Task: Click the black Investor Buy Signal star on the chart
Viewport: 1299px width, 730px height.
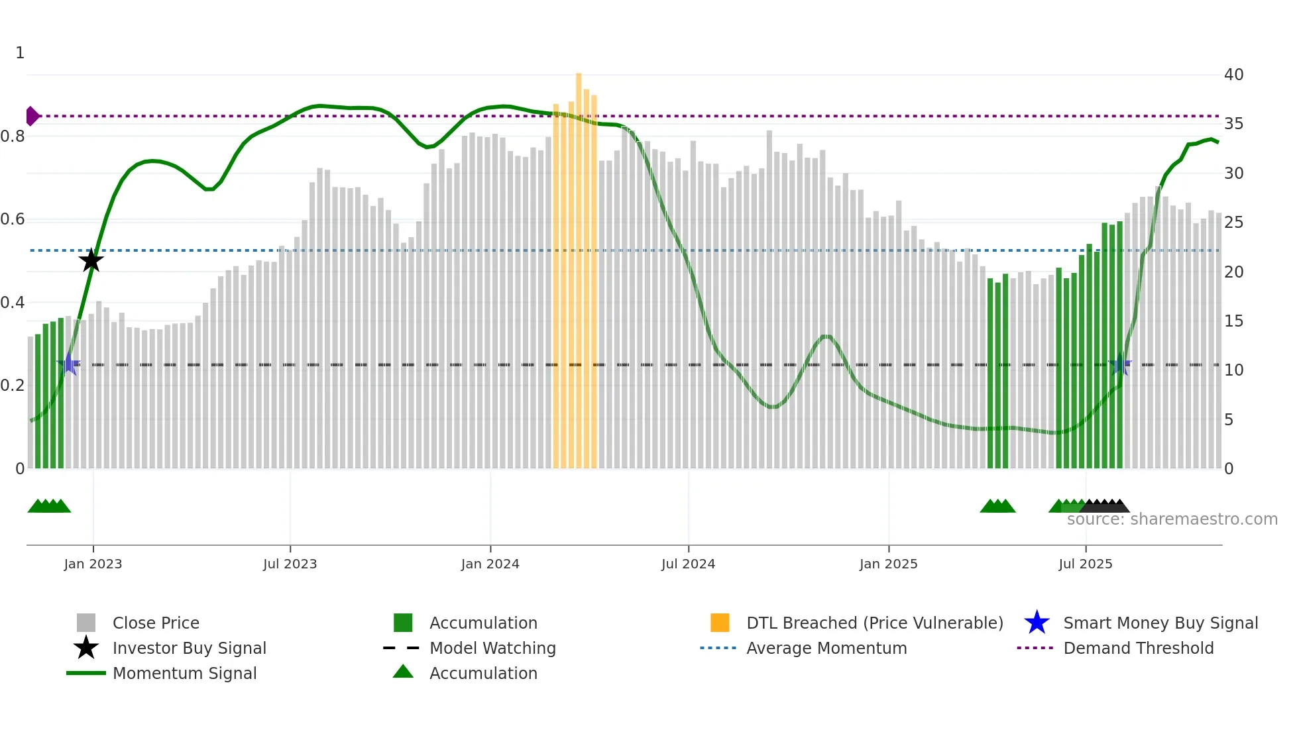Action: coord(91,260)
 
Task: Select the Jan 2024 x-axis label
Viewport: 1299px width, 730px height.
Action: coord(490,564)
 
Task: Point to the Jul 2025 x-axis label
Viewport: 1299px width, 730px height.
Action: coord(1085,564)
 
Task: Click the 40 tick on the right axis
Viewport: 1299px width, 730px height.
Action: coord(1233,75)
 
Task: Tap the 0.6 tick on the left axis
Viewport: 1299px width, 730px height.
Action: coord(13,219)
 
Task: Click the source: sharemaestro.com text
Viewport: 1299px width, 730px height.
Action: coord(1172,519)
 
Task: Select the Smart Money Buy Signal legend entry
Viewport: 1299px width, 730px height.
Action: coord(1160,623)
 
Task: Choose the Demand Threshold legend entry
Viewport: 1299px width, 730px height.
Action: coord(1138,648)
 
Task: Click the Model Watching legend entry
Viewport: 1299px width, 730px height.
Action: coord(492,648)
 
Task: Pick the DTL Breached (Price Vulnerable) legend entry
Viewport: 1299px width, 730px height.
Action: coord(874,623)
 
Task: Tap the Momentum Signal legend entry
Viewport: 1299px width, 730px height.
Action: coord(184,673)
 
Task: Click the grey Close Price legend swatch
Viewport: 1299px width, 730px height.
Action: coord(86,623)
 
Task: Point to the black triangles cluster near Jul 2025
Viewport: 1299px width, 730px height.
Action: coord(1105,506)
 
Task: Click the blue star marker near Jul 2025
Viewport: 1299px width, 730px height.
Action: coord(1120,364)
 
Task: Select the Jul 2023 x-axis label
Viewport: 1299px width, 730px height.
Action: coord(290,564)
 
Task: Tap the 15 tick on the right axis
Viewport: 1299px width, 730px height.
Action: coord(1233,321)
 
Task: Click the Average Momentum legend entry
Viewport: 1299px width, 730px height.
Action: coord(826,648)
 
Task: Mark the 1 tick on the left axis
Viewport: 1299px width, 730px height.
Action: coord(20,53)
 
